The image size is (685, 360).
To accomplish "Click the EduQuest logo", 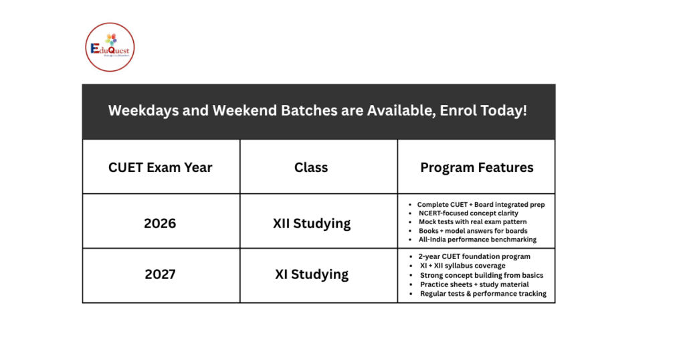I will click(x=110, y=47).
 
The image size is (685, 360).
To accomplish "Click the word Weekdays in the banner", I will click(x=136, y=110).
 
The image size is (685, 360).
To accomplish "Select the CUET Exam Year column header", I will click(x=161, y=167).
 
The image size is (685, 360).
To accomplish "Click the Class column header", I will click(x=311, y=167).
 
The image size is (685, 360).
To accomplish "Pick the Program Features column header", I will click(x=476, y=167).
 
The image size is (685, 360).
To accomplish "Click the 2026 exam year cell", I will click(x=161, y=223).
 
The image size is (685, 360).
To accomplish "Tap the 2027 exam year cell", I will click(x=161, y=274).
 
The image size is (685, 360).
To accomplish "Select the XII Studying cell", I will click(x=312, y=223).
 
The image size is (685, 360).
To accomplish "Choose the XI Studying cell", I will click(x=312, y=274).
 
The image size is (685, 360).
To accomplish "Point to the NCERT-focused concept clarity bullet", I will click(x=468, y=213).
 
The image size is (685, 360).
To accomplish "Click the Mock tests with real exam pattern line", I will click(x=472, y=222).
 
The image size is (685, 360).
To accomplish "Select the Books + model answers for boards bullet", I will click(x=473, y=231).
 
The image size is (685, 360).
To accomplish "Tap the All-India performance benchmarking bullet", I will click(x=478, y=240).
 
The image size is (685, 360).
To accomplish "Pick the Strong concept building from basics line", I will click(x=482, y=276).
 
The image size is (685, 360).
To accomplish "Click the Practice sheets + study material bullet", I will click(x=475, y=284).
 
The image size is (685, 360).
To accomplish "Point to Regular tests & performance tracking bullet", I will click(x=483, y=294).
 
